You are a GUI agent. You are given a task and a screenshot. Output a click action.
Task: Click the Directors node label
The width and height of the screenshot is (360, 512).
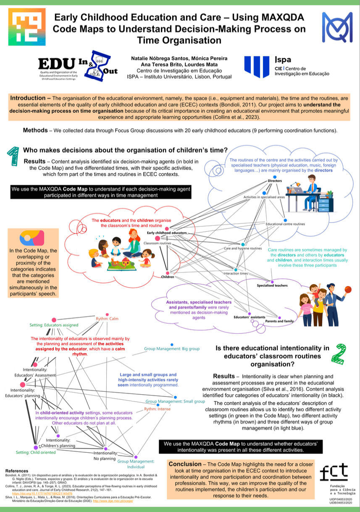275,181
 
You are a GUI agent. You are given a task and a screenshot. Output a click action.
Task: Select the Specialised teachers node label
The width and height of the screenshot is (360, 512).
272,285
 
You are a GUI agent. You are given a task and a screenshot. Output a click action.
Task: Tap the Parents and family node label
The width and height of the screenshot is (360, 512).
279,321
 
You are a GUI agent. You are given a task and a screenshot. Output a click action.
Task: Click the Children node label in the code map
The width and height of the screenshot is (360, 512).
168,277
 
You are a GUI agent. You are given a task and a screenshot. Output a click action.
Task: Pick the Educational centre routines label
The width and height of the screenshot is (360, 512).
285,224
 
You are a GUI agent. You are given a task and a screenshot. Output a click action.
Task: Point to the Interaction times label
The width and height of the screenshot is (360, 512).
235,274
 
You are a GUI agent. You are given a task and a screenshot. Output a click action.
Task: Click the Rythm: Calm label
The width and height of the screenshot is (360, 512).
107,319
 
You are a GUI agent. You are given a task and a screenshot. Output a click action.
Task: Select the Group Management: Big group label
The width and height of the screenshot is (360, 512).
172,349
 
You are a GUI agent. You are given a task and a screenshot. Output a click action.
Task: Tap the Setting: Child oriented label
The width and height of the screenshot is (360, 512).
36,452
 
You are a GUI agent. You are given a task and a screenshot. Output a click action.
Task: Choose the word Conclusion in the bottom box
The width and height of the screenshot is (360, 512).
185,464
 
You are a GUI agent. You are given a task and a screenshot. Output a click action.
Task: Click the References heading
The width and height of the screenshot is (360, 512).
16,470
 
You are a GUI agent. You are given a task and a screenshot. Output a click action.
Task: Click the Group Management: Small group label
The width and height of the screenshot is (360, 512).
175,401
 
